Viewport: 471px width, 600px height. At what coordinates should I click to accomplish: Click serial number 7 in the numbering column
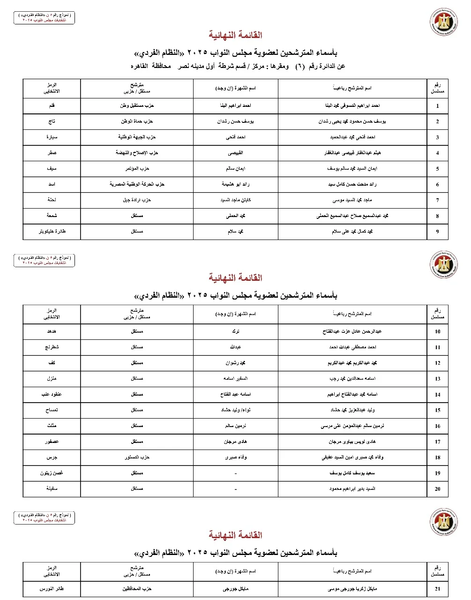point(437,200)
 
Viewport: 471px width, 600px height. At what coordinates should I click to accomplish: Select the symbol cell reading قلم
point(52,106)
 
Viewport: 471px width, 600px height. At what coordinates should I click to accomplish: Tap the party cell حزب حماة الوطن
point(136,121)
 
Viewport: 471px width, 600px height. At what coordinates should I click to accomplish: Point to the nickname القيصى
point(235,153)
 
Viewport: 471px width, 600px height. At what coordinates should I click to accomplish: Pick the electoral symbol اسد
point(52,184)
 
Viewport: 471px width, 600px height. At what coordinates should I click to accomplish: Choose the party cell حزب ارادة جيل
point(136,200)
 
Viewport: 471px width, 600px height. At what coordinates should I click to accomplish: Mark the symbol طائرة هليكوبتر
point(52,232)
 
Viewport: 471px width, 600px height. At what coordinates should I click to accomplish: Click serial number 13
point(437,379)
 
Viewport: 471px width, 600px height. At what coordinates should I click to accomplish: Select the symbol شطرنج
point(52,347)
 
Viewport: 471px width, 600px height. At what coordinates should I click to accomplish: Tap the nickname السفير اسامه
point(235,379)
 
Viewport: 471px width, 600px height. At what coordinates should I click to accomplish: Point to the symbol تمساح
point(52,410)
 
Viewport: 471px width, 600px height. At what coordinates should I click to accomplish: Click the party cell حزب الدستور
point(136,457)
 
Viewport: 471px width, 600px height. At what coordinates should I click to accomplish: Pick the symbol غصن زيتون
point(52,473)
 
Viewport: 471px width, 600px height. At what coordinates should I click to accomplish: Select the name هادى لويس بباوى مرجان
point(352,442)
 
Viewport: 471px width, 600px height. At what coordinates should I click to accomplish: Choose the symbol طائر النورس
point(52,589)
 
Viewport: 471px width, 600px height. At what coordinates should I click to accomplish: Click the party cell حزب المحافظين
point(136,589)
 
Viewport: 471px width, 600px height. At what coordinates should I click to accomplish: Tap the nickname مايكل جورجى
point(235,589)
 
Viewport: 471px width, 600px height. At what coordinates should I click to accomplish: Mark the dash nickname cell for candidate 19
point(235,473)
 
